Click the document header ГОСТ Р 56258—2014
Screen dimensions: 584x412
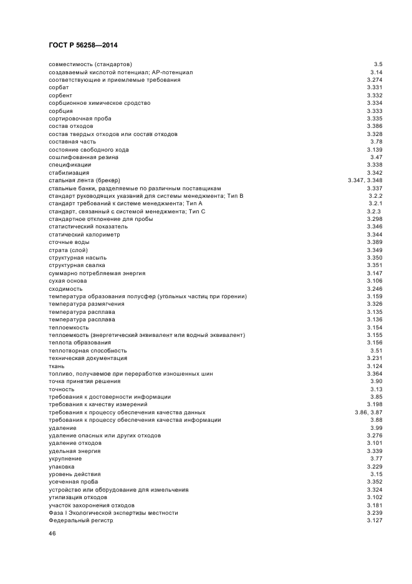83,45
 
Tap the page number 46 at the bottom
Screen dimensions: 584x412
52,534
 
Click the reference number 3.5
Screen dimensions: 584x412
378,64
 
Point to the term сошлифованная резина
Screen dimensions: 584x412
81,157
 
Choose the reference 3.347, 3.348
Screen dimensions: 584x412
365,180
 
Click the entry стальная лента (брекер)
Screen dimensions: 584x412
89,180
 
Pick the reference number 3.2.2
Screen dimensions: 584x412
375,196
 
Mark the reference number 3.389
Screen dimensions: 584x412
374,242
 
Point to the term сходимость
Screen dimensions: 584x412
64,289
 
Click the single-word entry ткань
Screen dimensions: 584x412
56,366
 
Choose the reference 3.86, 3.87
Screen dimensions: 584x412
368,412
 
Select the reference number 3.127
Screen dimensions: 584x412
374,520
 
